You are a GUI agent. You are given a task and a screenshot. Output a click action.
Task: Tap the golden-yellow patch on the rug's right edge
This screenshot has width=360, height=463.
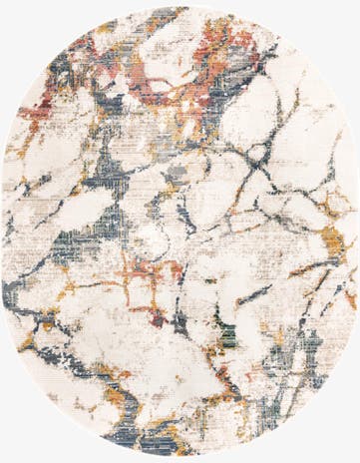(331, 239)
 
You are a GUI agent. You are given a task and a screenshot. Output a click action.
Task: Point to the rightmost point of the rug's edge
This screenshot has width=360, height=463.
(357, 231)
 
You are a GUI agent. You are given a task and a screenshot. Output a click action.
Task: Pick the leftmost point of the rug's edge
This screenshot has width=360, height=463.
(2, 231)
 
